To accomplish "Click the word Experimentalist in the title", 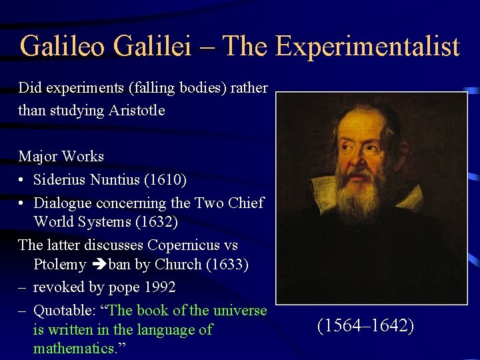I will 367,46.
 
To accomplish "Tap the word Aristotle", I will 131,110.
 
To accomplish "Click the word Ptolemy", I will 60,265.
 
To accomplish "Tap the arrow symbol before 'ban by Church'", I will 98,265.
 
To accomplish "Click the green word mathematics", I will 74,349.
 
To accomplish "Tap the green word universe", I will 239,310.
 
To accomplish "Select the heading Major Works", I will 61,157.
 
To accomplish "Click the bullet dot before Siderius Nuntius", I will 22,181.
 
